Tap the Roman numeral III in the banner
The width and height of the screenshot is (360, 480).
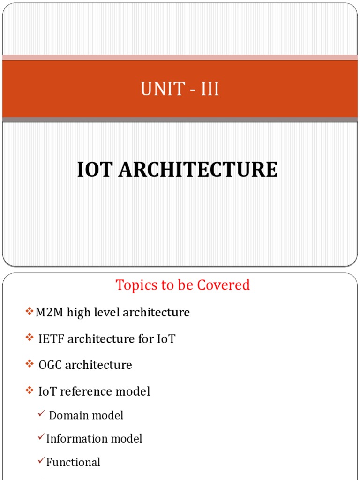(x=210, y=89)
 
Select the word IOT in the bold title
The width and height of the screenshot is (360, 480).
(x=95, y=170)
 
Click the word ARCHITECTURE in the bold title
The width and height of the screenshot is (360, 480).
(x=198, y=170)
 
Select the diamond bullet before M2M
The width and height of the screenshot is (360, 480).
(x=30, y=311)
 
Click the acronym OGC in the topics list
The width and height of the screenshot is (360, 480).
(x=50, y=365)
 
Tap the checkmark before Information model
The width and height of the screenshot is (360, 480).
(x=41, y=437)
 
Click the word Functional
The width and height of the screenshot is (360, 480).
(x=73, y=463)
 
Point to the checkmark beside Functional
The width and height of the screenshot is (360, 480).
(x=41, y=461)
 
